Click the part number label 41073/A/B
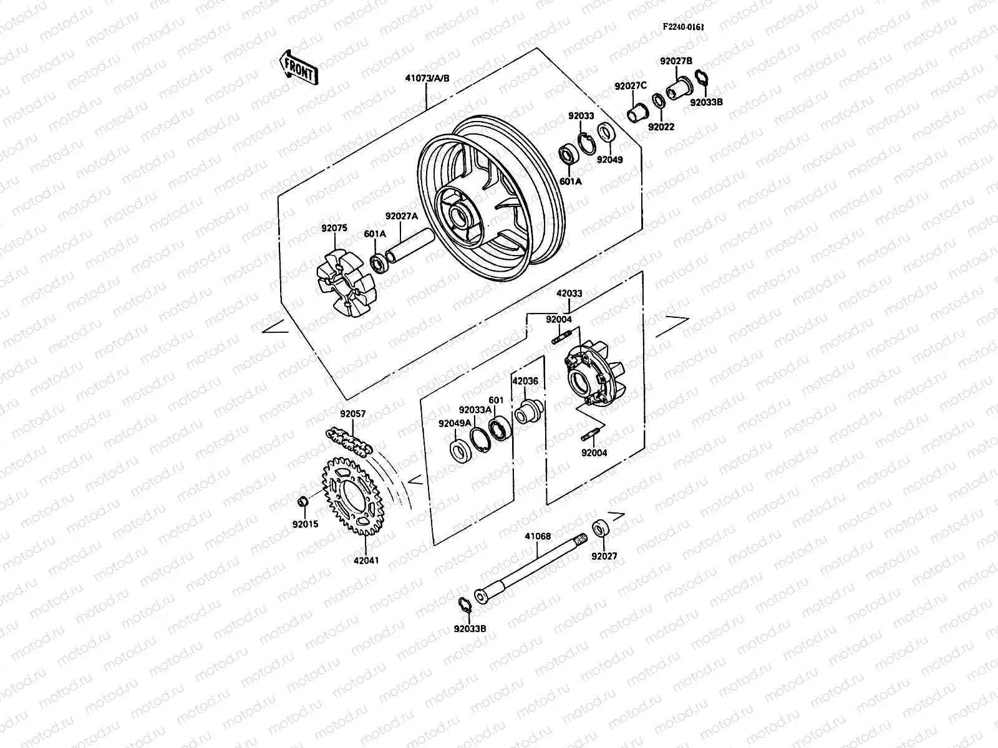(x=427, y=79)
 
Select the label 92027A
(x=401, y=216)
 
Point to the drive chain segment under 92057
(x=349, y=441)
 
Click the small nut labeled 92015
(x=301, y=502)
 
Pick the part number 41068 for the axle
(x=537, y=535)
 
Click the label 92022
(x=661, y=127)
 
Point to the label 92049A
(x=454, y=423)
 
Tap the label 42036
(x=525, y=381)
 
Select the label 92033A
(x=475, y=410)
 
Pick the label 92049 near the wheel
(x=609, y=159)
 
